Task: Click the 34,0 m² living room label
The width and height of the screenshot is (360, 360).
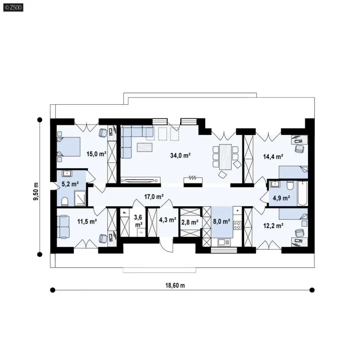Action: coord(180,155)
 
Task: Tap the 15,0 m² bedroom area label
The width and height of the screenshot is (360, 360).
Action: coord(96,154)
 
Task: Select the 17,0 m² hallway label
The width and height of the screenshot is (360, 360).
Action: coord(154,197)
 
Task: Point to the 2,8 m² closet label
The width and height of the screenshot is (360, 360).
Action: coord(190,222)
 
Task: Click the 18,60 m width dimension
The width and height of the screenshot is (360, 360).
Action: coord(175,285)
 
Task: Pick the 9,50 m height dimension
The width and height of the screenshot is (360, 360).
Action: coord(36,191)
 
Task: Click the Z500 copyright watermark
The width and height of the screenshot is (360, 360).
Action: coord(13,8)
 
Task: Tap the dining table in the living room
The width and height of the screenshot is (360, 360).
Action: coord(225,157)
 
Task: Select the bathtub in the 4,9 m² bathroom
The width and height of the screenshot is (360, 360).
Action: coord(302,193)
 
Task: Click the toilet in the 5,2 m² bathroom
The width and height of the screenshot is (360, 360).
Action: coord(65,201)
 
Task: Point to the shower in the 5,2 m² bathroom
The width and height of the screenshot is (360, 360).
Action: coord(80,198)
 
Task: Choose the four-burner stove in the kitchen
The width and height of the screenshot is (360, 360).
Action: coord(237,225)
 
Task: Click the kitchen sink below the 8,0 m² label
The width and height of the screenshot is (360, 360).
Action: coord(224,242)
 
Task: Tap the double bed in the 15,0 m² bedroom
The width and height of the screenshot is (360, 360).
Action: coord(69,147)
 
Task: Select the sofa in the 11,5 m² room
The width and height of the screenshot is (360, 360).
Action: coord(63,227)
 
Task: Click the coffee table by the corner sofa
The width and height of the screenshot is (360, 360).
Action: coord(144,147)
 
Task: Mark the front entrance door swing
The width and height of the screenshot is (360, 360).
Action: coord(166,245)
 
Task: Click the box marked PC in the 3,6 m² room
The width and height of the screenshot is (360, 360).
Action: coord(141,232)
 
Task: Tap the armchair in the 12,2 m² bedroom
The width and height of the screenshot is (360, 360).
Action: coord(300,233)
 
